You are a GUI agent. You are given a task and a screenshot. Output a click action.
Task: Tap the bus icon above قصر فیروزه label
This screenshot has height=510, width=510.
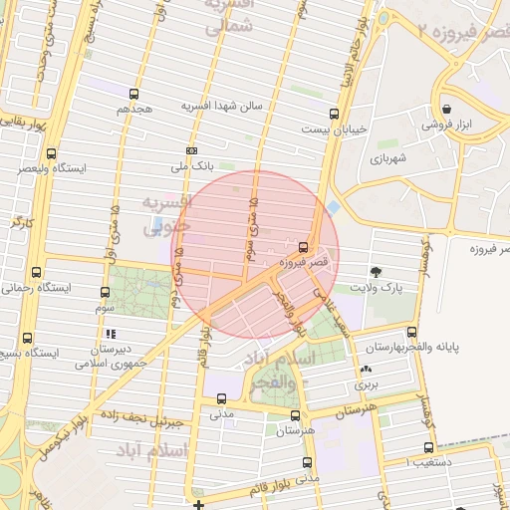303,246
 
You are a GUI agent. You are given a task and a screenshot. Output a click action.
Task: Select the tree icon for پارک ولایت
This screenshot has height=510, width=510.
376,271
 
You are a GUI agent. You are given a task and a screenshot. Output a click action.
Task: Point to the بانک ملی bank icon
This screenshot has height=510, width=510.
192,150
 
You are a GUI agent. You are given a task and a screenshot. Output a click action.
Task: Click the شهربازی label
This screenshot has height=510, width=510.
389,157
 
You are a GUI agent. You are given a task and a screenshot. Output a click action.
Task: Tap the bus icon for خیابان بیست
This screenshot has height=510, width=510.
333,114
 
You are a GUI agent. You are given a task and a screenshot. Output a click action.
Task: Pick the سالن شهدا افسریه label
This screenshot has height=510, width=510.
235,105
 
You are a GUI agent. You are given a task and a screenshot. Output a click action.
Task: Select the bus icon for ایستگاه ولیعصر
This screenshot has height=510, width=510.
52,153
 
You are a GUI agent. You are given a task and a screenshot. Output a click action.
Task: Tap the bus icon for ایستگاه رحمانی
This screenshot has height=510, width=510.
37,272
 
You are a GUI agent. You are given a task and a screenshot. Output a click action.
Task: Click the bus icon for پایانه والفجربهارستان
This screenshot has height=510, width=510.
412,334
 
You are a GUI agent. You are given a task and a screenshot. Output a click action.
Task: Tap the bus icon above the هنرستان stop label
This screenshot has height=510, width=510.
295,415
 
